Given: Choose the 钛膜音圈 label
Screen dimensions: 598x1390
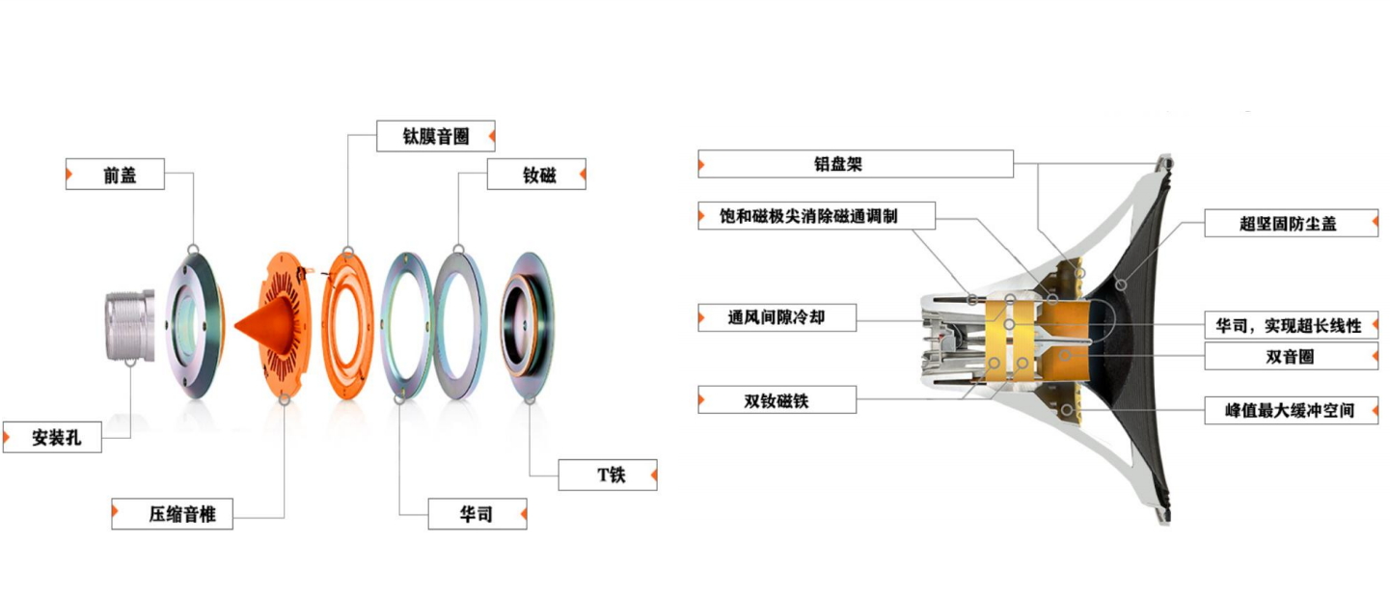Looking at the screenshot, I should coord(435,136).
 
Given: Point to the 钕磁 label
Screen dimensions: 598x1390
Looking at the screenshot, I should coord(536,175).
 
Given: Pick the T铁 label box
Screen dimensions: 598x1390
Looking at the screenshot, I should coord(608,475).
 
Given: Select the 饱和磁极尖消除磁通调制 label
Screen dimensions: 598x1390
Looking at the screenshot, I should coord(816,215).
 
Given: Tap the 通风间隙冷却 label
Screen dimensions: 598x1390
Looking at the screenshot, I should coord(777,317).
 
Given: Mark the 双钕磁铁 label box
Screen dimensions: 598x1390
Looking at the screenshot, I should coord(777,399).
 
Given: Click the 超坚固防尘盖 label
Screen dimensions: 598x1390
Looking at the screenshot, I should coord(1290,224).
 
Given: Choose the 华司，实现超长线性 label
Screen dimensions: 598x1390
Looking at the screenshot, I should coord(1290,325).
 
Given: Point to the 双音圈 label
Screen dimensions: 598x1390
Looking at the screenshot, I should coord(1290,356).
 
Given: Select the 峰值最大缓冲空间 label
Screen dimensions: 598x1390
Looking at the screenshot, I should coord(1290,410).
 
